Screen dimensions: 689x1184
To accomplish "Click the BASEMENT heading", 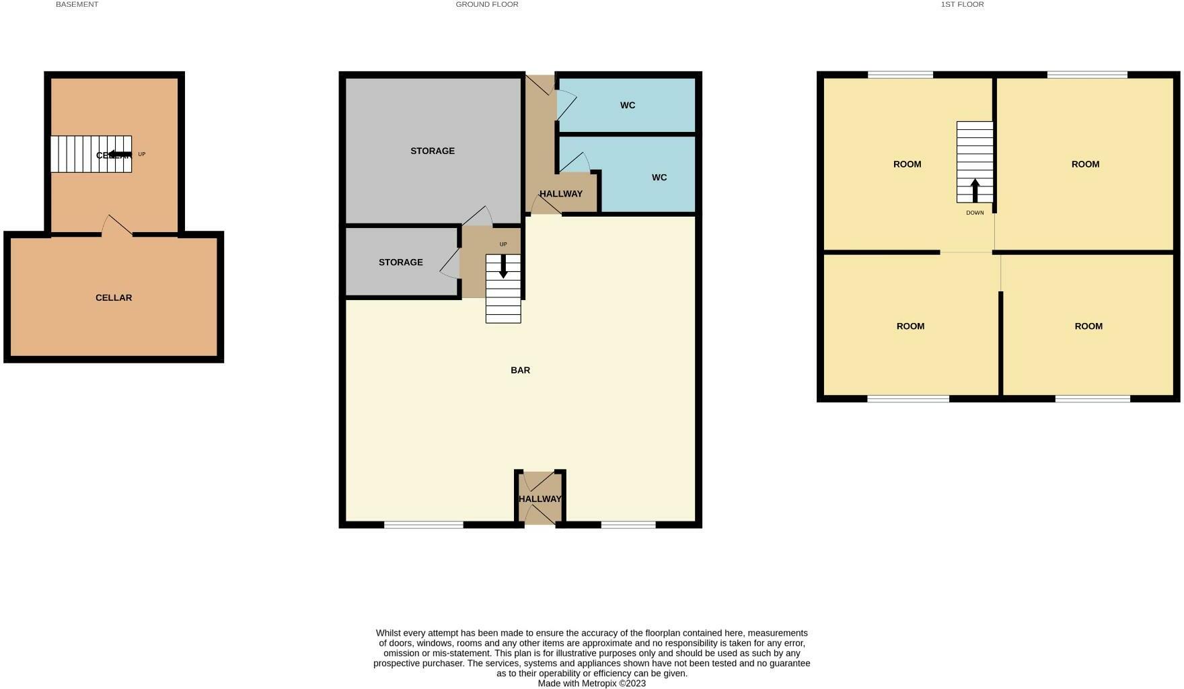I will pyautogui.click(x=77, y=5).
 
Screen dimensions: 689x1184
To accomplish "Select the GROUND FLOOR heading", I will pyautogui.click(x=486, y=5).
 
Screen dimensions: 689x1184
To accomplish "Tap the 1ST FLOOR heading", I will pyautogui.click(x=962, y=5).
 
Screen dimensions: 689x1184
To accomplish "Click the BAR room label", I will pyautogui.click(x=520, y=370).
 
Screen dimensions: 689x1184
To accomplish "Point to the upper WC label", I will pyautogui.click(x=627, y=106).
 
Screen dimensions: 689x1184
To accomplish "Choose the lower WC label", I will pyautogui.click(x=659, y=178).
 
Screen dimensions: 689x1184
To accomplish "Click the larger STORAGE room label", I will pyautogui.click(x=432, y=151).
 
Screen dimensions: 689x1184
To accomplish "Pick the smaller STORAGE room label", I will pyautogui.click(x=400, y=262).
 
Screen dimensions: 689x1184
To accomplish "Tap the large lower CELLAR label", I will pyautogui.click(x=113, y=297).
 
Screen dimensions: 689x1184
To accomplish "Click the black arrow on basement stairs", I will pyautogui.click(x=120, y=154).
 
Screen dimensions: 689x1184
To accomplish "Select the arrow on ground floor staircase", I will pyautogui.click(x=503, y=267).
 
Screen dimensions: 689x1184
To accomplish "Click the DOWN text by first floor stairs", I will pyautogui.click(x=974, y=213).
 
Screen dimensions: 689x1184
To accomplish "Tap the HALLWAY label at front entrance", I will pyautogui.click(x=540, y=499).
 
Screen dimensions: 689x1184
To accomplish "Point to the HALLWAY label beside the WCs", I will pyautogui.click(x=560, y=194).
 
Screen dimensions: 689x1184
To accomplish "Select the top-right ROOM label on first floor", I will pyautogui.click(x=1084, y=164).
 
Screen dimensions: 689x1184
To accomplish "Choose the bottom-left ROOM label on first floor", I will pyautogui.click(x=910, y=326).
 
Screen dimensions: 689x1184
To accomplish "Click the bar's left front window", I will pyautogui.click(x=423, y=525).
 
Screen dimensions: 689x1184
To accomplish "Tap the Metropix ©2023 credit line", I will pyautogui.click(x=591, y=683).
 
